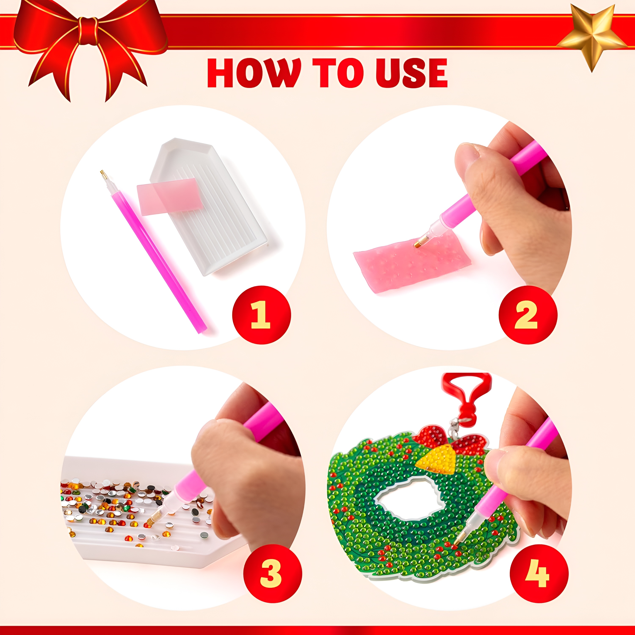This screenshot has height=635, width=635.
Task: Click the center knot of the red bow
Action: [x=88, y=31]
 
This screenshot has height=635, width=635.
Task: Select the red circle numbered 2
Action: [x=528, y=315]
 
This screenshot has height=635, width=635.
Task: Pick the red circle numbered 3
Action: [x=272, y=574]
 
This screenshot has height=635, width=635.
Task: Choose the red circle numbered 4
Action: [x=539, y=574]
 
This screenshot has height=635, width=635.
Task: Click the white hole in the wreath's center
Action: [x=407, y=500]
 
